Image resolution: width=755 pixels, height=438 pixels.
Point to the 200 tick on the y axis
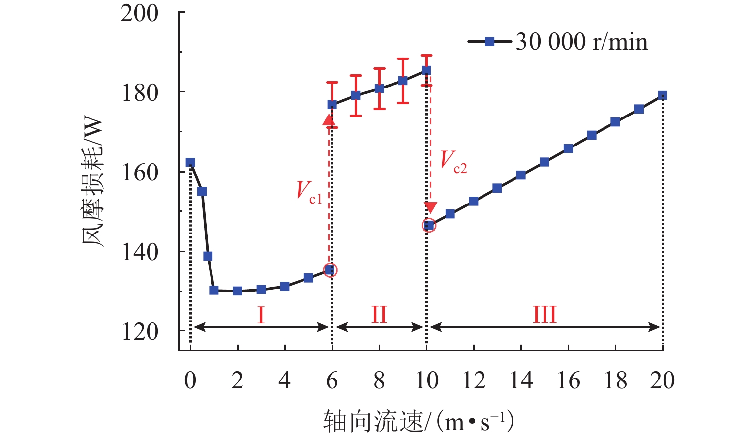[140, 13]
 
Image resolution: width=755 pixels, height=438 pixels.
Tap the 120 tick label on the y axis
[140, 332]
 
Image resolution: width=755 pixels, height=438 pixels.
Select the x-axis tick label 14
[521, 380]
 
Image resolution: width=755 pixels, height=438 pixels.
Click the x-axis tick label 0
[190, 380]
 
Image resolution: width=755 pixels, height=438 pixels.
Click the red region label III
[544, 315]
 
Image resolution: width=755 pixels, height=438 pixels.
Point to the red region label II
[379, 315]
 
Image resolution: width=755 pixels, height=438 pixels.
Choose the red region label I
[261, 315]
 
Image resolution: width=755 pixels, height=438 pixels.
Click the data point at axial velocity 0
[190, 163]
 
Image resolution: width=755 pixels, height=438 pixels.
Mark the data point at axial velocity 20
[663, 96]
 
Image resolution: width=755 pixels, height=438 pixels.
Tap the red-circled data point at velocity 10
[429, 225]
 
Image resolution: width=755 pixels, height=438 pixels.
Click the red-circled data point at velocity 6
[331, 270]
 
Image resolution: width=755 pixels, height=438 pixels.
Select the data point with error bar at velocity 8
[379, 88]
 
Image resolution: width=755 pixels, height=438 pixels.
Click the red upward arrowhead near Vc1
[328, 120]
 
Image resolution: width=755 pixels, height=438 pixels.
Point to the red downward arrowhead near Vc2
[430, 207]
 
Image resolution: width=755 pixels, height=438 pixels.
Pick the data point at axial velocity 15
[544, 162]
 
